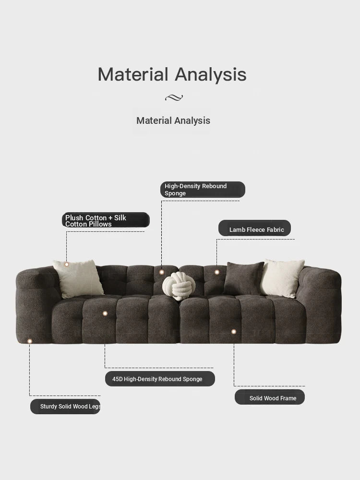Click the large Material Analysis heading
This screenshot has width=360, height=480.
click(x=172, y=74)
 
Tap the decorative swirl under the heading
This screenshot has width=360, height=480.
click(x=174, y=97)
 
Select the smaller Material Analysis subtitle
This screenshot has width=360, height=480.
click(x=173, y=120)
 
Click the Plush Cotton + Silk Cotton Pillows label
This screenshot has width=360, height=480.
click(x=106, y=220)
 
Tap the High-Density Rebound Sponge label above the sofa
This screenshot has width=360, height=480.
click(x=203, y=190)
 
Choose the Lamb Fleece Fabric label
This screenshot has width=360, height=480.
click(x=254, y=228)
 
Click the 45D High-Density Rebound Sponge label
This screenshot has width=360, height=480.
click(x=160, y=379)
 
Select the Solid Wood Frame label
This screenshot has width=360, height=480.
click(x=270, y=397)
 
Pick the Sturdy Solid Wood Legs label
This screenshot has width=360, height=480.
click(x=65, y=407)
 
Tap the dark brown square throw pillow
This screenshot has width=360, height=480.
click(x=243, y=278)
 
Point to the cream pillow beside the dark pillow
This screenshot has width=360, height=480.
click(x=282, y=278)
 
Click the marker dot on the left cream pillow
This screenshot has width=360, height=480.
click(x=67, y=264)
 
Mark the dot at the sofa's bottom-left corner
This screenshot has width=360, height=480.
click(x=30, y=341)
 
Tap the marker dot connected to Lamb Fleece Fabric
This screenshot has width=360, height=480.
click(x=217, y=272)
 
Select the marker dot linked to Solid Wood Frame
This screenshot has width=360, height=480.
click(x=234, y=332)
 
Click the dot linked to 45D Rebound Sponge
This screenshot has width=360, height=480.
click(x=105, y=313)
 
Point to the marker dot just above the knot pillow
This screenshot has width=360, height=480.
click(x=162, y=272)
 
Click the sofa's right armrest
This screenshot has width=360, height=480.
click(x=322, y=303)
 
